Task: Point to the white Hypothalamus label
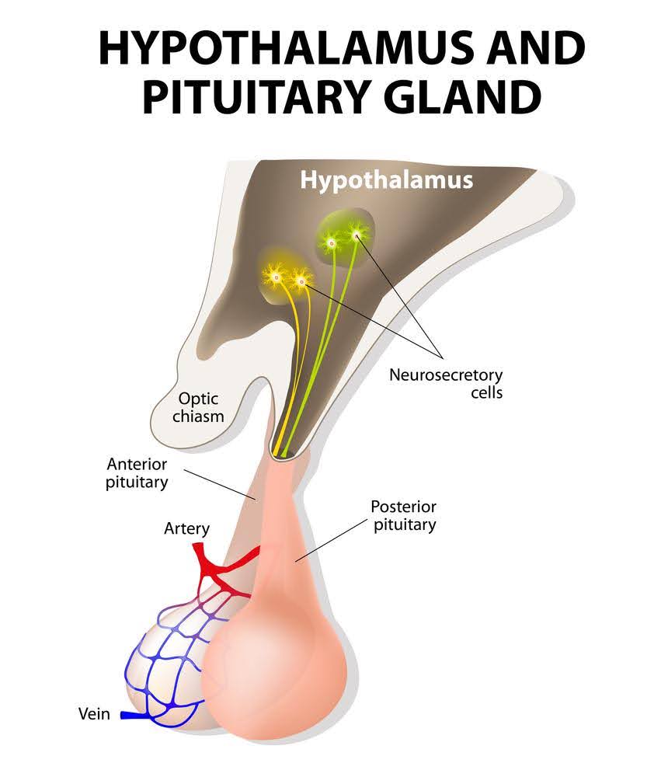tap(387, 180)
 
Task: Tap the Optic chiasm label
tap(201, 407)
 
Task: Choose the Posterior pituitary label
tap(403, 515)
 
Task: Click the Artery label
tap(186, 529)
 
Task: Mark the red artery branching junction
tap(214, 571)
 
